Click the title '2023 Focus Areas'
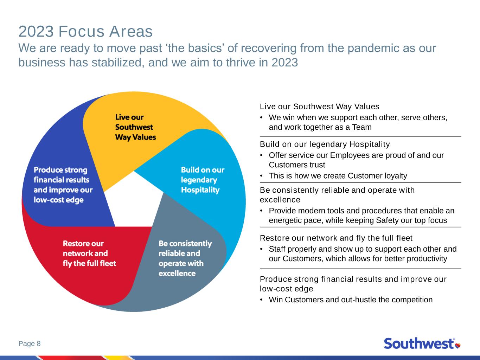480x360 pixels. [85, 31]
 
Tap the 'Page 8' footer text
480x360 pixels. [30, 343]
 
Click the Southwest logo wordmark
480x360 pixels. [419, 343]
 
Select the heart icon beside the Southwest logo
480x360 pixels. [458, 345]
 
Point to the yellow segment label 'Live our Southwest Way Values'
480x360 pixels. [136, 127]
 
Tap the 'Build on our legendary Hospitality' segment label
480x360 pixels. [203, 180]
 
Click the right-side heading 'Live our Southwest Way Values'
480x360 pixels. [320, 107]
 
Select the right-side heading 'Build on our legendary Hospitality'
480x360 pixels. [325, 144]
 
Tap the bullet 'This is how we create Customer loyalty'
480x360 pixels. [338, 176]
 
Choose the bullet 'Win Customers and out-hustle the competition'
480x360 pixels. [351, 300]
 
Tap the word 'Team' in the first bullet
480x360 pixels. [362, 127]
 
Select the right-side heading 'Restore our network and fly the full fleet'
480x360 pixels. [336, 238]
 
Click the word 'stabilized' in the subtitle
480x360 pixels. [118, 63]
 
